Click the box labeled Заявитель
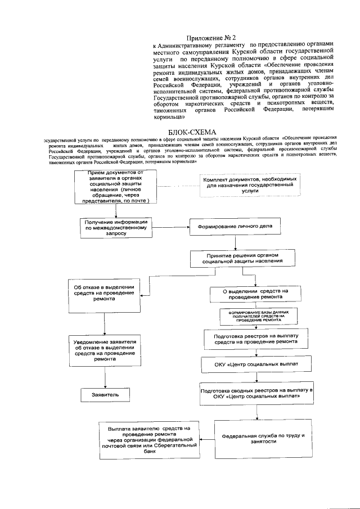[105, 395]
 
